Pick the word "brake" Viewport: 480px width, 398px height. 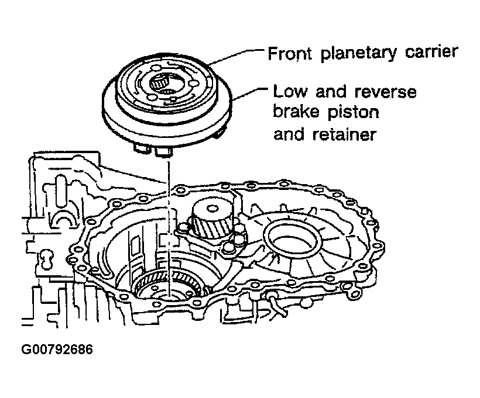[297, 112]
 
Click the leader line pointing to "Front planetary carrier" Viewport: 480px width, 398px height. [234, 55]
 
